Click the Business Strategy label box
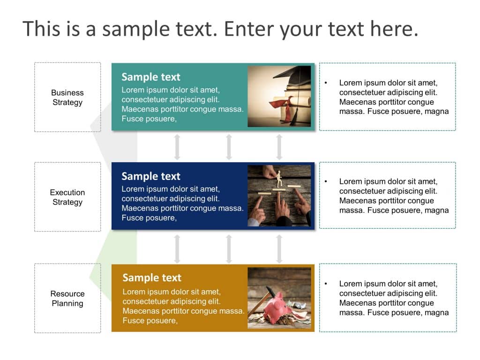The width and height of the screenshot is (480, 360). click(67, 97)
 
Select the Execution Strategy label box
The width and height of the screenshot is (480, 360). click(67, 197)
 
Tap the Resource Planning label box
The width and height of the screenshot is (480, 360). click(67, 298)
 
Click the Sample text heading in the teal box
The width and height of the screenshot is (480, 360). click(150, 77)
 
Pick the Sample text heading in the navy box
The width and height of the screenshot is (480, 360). click(150, 176)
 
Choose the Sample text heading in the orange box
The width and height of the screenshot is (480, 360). click(151, 277)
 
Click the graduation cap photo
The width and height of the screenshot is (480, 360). click(279, 96)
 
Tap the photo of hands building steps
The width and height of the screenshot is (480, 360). click(279, 195)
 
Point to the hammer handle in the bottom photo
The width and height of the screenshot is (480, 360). click(255, 307)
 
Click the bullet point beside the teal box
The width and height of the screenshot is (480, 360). click(326, 83)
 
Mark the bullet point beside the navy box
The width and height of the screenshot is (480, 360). click(326, 181)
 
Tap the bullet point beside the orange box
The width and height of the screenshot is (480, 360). click(326, 284)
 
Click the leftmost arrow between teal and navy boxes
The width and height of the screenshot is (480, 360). click(177, 147)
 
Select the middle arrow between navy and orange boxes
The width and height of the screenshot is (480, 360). click(229, 248)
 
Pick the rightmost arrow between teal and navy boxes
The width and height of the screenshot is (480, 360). click(279, 147)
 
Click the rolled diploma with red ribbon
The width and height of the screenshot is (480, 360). click(281, 102)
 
